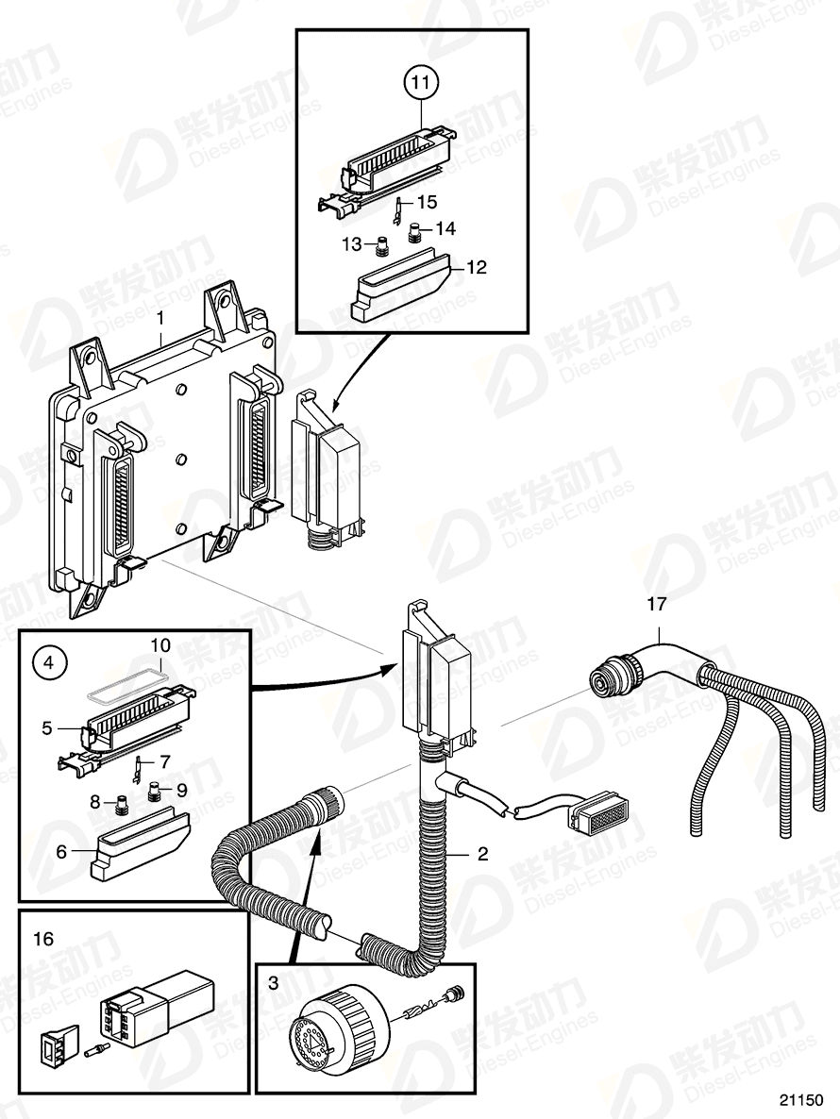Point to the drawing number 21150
pos(802,1100)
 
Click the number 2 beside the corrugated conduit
pos(482,855)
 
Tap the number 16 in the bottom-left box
pos(42,940)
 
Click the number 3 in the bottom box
pos(273,983)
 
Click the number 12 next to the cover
pos(476,268)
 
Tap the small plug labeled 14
pos(414,230)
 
